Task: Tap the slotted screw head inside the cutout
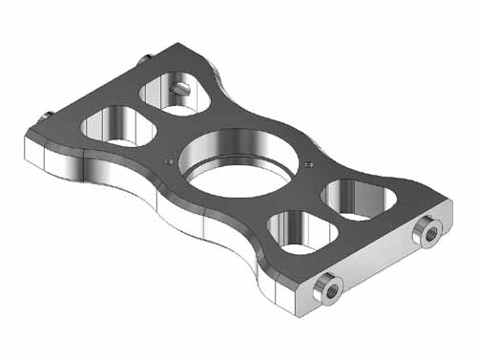(x=181, y=88)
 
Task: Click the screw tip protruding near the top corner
(x=143, y=60)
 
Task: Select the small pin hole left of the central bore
(x=169, y=161)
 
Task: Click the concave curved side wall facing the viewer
(x=172, y=216)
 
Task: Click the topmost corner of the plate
(x=181, y=42)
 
